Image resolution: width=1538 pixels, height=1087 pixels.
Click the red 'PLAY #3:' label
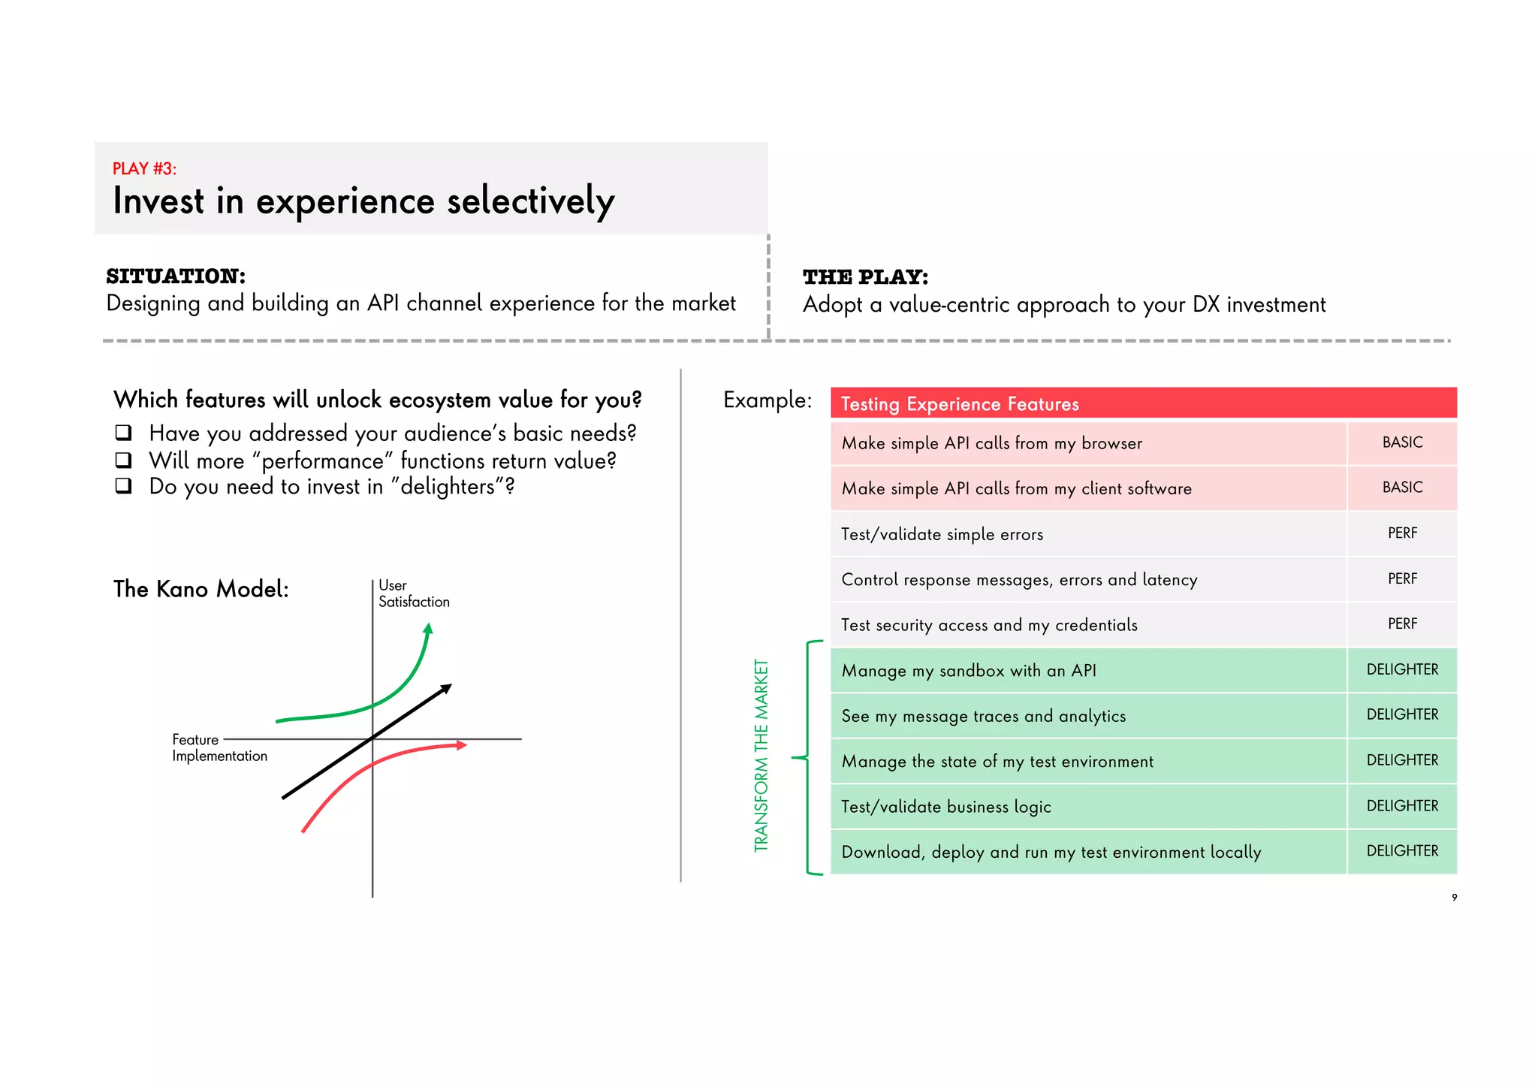pos(144,168)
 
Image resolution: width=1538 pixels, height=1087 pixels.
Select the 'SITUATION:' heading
pos(176,276)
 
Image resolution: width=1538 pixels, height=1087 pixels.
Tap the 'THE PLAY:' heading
pos(865,277)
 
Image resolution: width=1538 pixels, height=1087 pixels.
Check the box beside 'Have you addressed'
pos(124,433)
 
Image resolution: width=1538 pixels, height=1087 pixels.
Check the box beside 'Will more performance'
pos(124,460)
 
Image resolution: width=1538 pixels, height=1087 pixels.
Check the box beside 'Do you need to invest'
pos(124,486)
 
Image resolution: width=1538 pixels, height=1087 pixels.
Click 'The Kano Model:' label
pos(201,589)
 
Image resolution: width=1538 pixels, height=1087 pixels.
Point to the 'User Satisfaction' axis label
pos(413,593)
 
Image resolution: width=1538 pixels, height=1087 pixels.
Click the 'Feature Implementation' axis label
pos(219,747)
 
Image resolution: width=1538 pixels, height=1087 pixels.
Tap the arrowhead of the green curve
pos(428,629)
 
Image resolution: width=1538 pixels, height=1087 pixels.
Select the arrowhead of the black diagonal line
pos(446,688)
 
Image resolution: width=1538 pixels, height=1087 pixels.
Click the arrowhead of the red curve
pos(461,745)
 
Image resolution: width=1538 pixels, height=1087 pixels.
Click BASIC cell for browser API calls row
pos(1402,442)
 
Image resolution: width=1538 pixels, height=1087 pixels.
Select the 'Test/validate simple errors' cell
pos(942,534)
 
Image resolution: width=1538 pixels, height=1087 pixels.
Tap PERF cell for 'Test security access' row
pos(1402,624)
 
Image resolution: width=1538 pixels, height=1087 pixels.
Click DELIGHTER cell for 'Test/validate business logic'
pos(1402,806)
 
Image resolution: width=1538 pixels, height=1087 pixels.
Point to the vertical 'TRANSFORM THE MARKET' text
pos(761,755)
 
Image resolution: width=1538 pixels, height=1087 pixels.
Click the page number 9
pos(1455,897)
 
